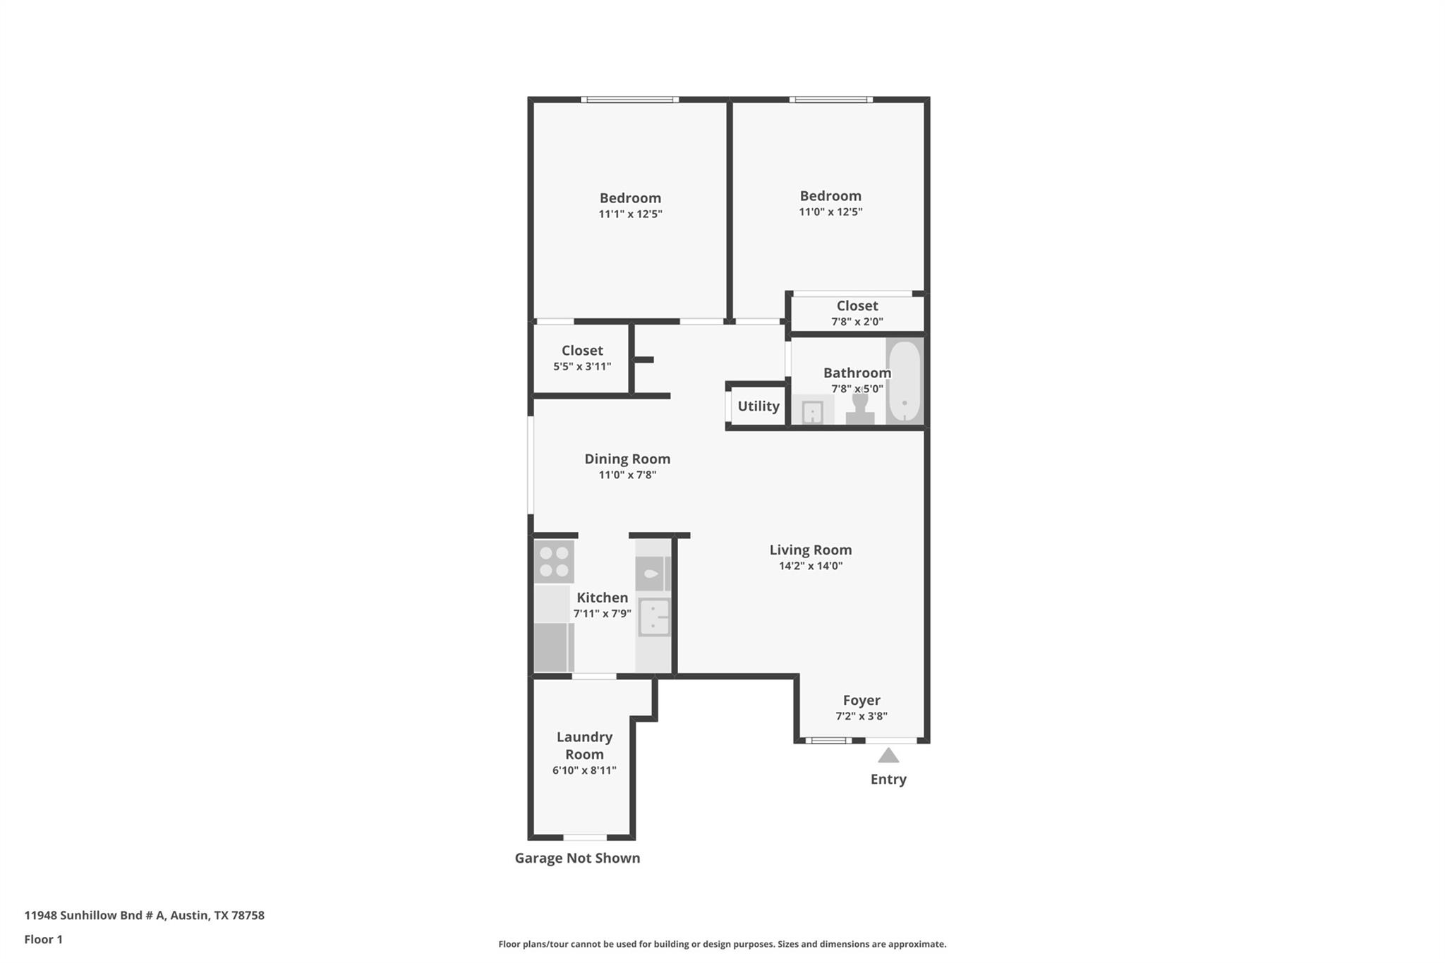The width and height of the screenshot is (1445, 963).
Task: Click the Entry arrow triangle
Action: [x=888, y=756]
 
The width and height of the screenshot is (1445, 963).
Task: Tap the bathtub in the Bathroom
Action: [x=904, y=382]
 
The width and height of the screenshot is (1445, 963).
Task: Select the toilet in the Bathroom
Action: [x=860, y=409]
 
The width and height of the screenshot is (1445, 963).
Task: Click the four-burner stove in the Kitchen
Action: [x=554, y=562]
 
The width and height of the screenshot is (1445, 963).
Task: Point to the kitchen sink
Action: [x=654, y=617]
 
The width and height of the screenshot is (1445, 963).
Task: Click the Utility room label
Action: [x=758, y=406]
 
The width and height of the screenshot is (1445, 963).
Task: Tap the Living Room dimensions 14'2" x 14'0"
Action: [x=811, y=566]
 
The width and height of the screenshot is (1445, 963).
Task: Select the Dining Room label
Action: [x=627, y=459]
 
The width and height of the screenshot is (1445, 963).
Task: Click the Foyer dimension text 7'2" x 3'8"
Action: [x=861, y=716]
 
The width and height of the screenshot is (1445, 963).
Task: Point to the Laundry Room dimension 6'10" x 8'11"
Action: [x=584, y=770]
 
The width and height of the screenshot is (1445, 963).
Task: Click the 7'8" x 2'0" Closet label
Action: [x=857, y=306]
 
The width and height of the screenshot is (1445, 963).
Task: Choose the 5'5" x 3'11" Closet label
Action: [x=582, y=351]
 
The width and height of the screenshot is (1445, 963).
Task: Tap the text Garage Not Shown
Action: [x=577, y=859]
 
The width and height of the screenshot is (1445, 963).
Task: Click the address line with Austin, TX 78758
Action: [x=145, y=916]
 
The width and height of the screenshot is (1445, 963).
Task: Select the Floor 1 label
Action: [x=44, y=940]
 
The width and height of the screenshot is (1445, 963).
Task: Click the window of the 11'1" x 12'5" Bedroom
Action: [x=630, y=99]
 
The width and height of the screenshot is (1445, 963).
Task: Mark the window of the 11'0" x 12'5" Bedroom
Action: [x=831, y=99]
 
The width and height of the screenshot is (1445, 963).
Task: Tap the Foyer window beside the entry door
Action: [x=828, y=741]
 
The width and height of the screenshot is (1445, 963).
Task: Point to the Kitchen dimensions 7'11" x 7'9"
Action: [x=602, y=614]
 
